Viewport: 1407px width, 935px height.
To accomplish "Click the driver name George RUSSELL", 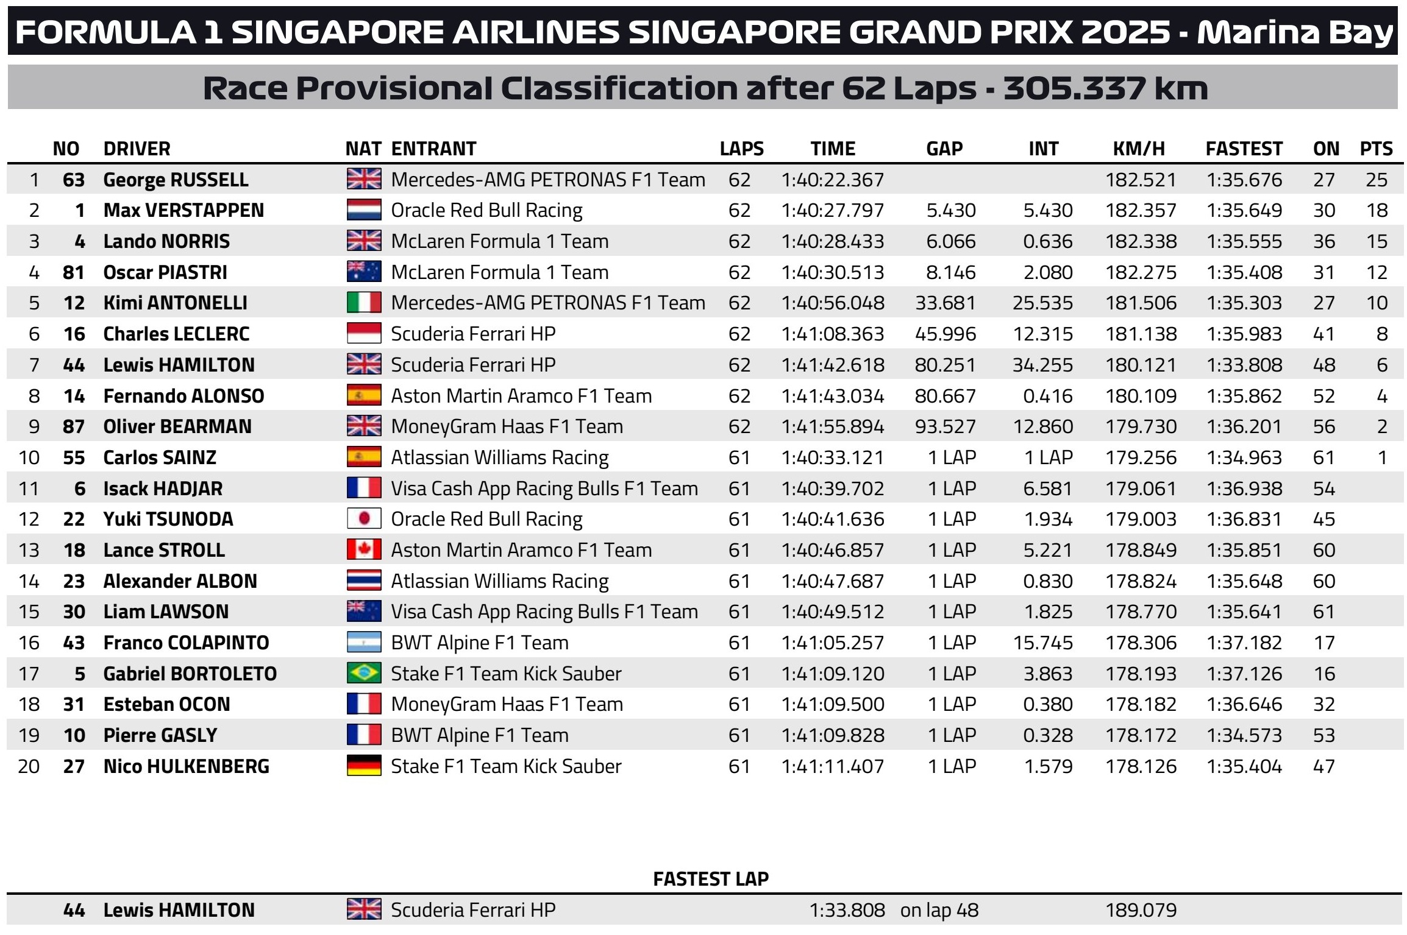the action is [x=176, y=180].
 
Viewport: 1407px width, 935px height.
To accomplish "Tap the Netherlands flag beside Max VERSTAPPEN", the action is [x=364, y=210].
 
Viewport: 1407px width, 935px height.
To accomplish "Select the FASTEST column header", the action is [x=1244, y=149].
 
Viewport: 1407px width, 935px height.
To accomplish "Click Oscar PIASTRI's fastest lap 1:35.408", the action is [x=1244, y=272].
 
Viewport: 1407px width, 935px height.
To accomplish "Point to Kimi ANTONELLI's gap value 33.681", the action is [x=945, y=303].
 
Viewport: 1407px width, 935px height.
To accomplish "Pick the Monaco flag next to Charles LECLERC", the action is [x=364, y=334].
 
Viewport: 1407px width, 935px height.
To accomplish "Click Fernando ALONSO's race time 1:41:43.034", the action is [x=832, y=396].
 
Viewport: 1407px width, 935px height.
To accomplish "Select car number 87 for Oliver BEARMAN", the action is [x=74, y=426].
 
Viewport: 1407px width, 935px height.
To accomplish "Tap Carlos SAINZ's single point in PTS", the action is [x=1383, y=457].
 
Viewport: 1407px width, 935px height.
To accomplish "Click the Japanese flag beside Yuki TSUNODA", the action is [x=364, y=519].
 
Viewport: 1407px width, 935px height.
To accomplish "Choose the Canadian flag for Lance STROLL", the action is [x=364, y=550].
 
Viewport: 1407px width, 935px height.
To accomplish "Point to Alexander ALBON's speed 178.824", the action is [x=1141, y=581].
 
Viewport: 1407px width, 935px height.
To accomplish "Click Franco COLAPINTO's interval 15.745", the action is [x=1042, y=643].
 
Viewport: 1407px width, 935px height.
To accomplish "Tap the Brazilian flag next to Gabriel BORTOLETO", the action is [x=364, y=674].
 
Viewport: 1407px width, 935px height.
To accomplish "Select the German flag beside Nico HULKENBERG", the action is [x=364, y=766].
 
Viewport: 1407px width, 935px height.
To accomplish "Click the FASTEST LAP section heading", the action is [x=711, y=879].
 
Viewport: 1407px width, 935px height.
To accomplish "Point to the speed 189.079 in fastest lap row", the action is [x=1141, y=910].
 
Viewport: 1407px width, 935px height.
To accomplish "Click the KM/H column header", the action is [x=1139, y=149].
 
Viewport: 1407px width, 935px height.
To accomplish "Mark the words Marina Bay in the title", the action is [x=1295, y=32].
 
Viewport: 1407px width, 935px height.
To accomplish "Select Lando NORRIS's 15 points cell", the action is [x=1377, y=241].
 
